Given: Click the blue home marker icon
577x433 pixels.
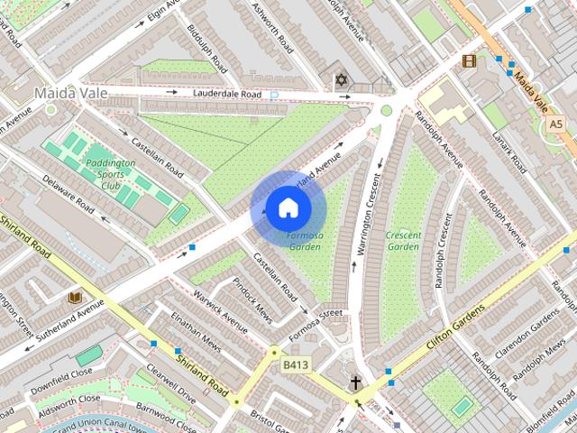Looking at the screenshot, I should (x=288, y=208).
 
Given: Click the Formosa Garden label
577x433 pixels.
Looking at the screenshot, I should (x=304, y=240).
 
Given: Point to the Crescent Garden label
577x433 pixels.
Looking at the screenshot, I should (x=403, y=240).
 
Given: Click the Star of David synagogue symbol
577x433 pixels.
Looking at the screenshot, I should (x=341, y=81).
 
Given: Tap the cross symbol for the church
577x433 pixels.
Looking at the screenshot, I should (x=356, y=382).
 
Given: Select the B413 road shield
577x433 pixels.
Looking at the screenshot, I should (x=296, y=364).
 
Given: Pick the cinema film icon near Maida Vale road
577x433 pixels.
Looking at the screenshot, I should (x=468, y=61).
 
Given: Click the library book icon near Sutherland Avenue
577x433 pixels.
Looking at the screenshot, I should (x=76, y=296).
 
